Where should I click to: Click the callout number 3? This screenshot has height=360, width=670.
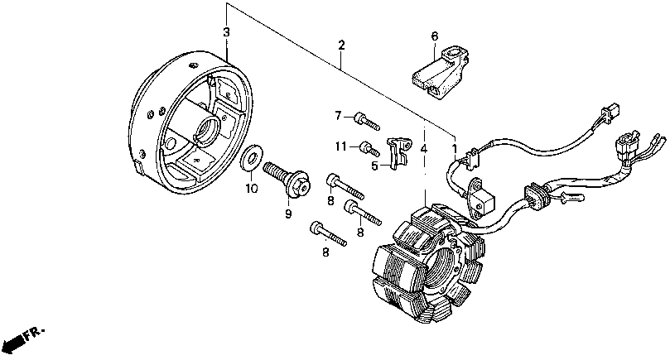[x=226, y=32]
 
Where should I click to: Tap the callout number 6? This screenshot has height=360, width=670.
[x=433, y=36]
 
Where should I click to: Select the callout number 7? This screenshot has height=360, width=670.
[x=338, y=114]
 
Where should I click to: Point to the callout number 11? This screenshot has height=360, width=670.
[x=340, y=146]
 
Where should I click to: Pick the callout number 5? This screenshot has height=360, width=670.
[x=375, y=166]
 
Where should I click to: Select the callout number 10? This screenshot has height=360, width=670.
[x=252, y=189]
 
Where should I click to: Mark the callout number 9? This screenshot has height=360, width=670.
[x=289, y=214]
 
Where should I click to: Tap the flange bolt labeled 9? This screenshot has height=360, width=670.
[x=286, y=176]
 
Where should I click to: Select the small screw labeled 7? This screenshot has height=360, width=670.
[x=365, y=121]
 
